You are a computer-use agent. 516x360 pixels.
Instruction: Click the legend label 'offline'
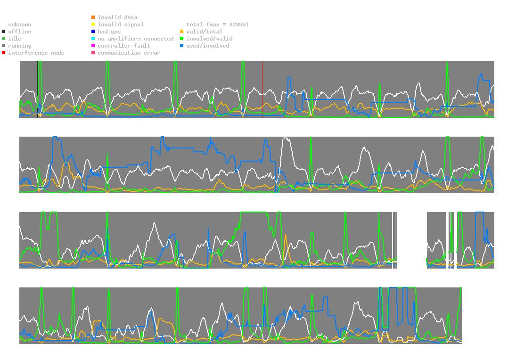point(20,32)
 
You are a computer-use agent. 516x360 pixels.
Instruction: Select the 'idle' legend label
point(15,39)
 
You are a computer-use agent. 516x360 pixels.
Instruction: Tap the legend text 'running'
point(20,46)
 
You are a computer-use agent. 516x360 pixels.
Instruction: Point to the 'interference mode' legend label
point(36,53)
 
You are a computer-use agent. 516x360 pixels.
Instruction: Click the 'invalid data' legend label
point(117,17)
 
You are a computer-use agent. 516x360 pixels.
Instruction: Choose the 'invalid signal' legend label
point(121,25)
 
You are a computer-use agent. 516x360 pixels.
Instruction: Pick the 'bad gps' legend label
point(109,32)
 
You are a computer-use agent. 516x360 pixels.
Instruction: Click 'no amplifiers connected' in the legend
point(136,39)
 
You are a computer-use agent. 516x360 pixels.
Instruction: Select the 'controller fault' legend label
point(124,46)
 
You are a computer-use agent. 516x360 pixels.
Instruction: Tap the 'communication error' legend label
point(129,53)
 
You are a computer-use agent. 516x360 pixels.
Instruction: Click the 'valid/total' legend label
point(205,32)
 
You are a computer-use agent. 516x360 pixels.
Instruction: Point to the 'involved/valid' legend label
point(209,39)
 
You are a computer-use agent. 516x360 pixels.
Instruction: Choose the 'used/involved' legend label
point(208,46)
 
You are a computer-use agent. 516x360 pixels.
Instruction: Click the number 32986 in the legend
point(238,25)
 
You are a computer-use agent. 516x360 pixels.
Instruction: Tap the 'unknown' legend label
point(20,25)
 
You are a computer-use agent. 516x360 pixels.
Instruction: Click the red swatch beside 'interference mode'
point(4,53)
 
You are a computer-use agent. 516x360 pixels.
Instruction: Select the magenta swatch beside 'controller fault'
point(93,45)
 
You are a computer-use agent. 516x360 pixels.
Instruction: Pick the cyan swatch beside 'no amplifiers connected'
point(93,39)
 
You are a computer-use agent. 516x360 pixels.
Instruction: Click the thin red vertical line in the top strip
point(262,89)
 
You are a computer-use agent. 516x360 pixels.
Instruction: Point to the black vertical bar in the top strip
point(38,89)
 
